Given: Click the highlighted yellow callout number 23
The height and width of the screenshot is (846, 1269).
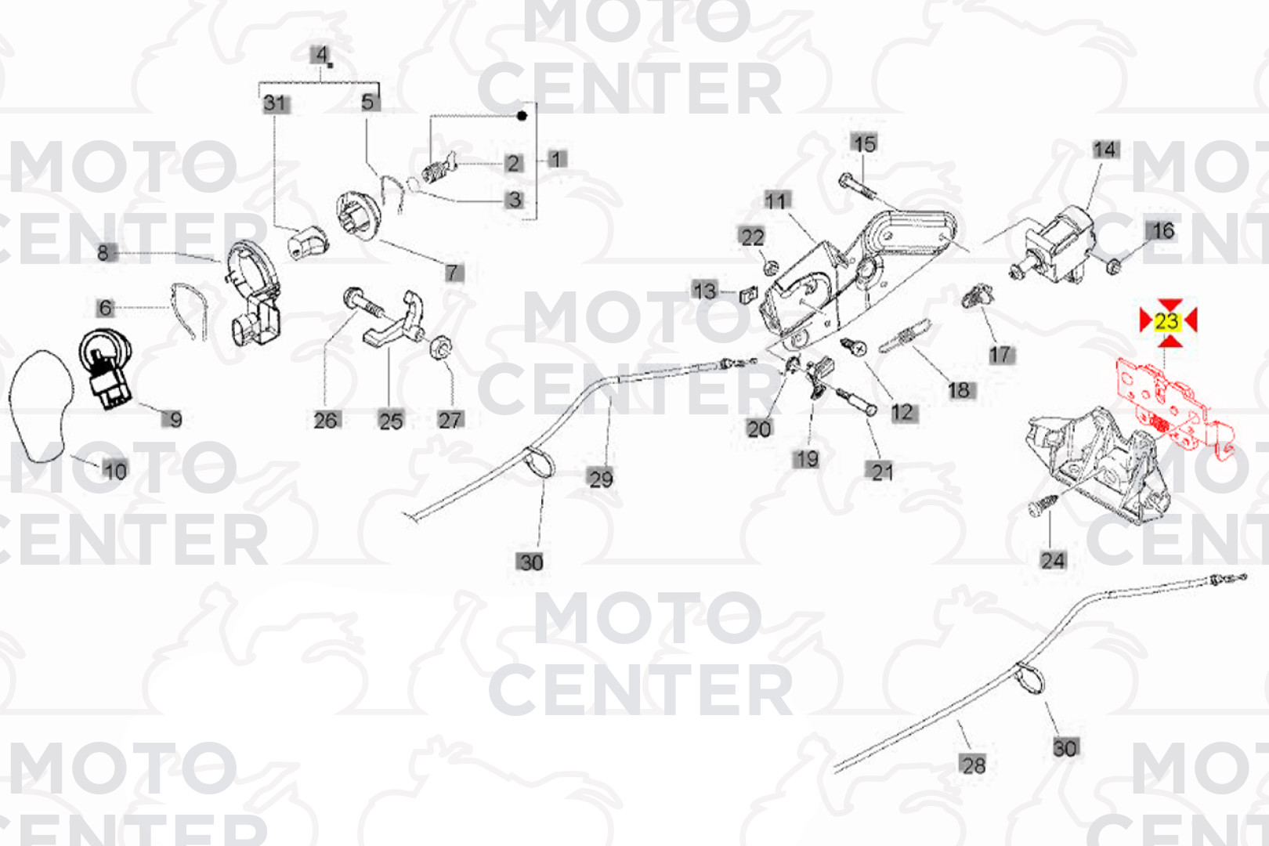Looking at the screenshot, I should click(x=1166, y=321).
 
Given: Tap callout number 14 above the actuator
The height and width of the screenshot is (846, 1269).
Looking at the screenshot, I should click(x=1104, y=150).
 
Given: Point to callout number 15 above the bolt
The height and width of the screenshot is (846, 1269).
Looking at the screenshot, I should click(x=864, y=143).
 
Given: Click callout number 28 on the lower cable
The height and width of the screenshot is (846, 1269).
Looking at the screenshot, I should click(x=973, y=765).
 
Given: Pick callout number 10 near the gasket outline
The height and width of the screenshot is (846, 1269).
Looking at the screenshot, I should click(x=114, y=471).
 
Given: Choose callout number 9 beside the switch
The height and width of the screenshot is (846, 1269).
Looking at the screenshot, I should click(x=175, y=419).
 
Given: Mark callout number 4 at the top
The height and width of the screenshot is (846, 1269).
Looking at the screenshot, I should click(x=320, y=55).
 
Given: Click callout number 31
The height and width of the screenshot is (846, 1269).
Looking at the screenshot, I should click(x=275, y=103).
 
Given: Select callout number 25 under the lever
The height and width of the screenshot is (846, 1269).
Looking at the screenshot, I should click(x=390, y=421).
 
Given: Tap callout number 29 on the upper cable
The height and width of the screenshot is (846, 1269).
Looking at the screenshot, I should click(x=601, y=478).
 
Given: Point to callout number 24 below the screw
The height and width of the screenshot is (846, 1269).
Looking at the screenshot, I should click(x=1053, y=560).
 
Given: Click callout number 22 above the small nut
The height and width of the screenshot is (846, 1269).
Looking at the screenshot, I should click(x=752, y=237).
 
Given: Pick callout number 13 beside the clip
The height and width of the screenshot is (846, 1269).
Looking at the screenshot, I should click(x=704, y=291).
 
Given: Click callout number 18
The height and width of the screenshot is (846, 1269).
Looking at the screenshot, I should click(x=959, y=389).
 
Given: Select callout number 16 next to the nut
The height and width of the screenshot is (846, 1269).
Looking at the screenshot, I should click(x=1163, y=230).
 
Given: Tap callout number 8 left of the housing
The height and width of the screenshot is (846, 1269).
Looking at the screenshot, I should click(x=103, y=252).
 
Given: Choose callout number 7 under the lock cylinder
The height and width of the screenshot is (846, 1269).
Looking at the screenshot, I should click(x=453, y=272).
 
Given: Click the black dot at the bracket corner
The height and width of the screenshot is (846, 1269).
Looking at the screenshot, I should click(x=522, y=116).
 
